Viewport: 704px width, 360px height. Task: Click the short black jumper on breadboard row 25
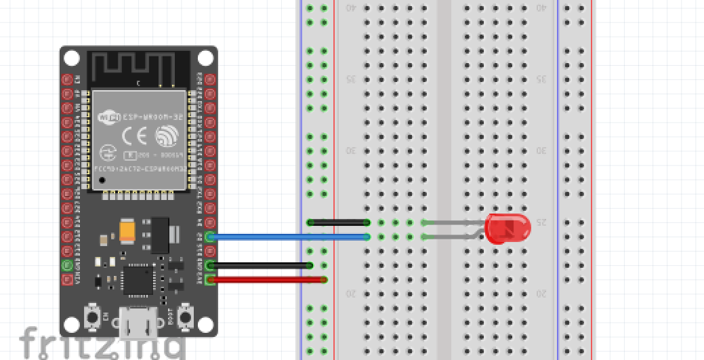(338, 222)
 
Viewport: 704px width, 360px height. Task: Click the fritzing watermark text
(102, 344)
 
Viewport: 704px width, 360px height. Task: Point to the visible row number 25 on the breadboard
(541, 222)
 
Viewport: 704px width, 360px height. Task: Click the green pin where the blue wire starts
(210, 237)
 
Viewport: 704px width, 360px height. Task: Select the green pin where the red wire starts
(210, 279)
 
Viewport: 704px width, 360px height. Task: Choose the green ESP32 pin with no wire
(67, 265)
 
